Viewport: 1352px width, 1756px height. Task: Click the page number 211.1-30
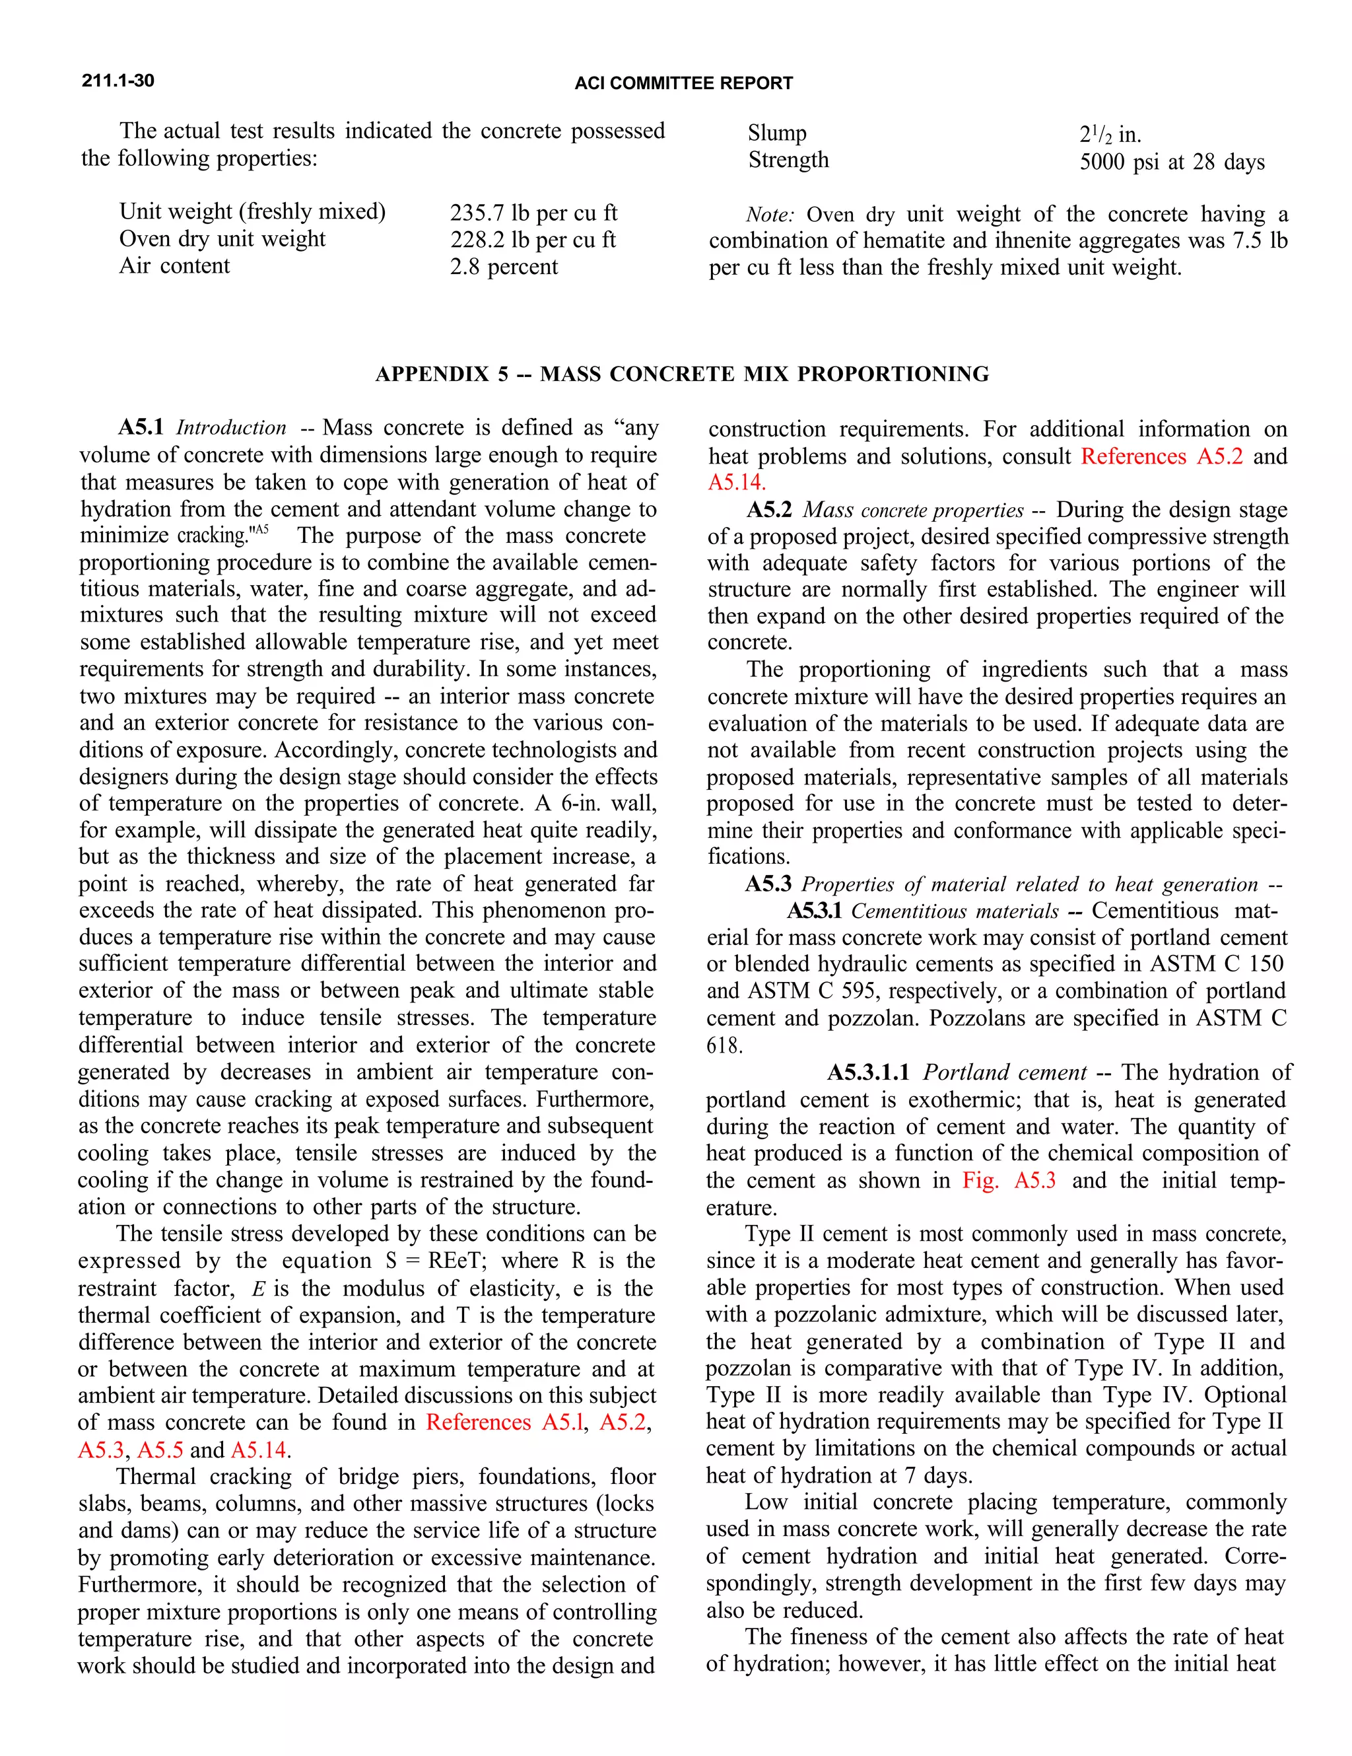click(118, 81)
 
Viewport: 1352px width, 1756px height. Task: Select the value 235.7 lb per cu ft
click(533, 213)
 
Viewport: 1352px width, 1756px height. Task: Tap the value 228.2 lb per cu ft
click(532, 240)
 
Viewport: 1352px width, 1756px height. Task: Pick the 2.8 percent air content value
click(503, 267)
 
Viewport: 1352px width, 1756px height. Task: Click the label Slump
click(776, 133)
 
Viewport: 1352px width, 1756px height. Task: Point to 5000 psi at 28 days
click(1171, 162)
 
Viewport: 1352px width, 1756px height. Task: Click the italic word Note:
click(769, 215)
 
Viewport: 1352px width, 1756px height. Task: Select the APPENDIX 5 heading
click(682, 374)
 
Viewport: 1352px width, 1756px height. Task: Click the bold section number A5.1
click(141, 428)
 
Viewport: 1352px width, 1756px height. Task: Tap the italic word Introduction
click(230, 428)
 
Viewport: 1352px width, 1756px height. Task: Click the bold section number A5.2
click(768, 510)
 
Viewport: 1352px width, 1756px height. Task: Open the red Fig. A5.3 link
click(1009, 1180)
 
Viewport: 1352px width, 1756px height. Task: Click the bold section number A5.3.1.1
click(868, 1072)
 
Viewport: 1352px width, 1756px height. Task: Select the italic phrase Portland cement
click(1004, 1072)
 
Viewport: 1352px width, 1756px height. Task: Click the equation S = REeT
click(432, 1261)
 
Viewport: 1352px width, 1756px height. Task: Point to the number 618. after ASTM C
click(724, 1046)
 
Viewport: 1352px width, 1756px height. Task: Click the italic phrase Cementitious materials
click(954, 911)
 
